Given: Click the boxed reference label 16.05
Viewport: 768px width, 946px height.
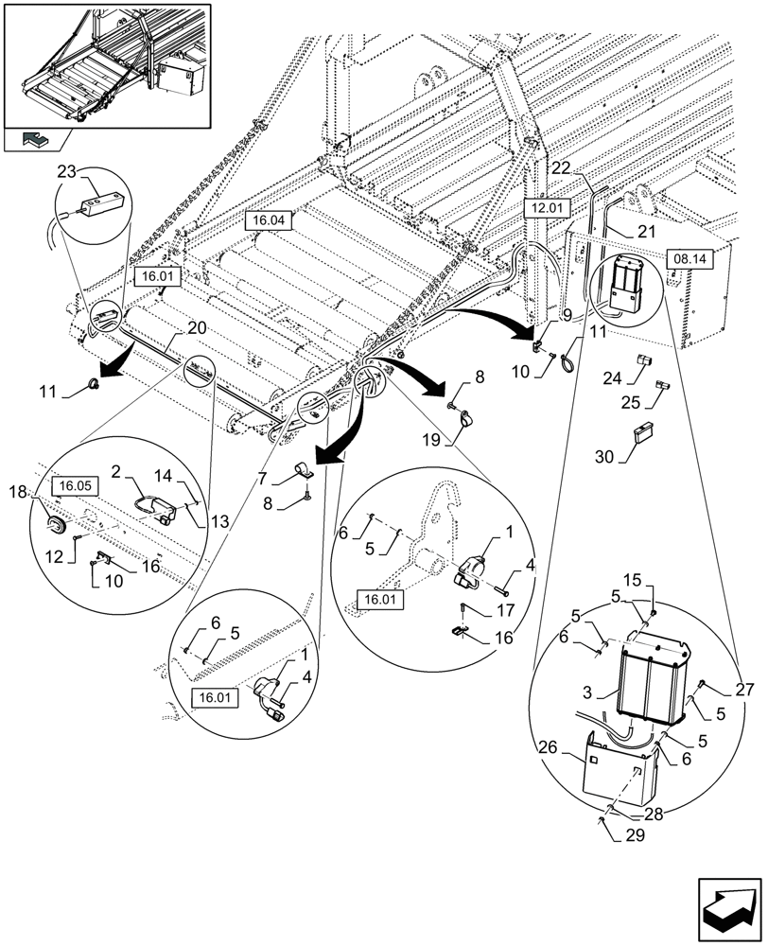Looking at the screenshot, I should [73, 486].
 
